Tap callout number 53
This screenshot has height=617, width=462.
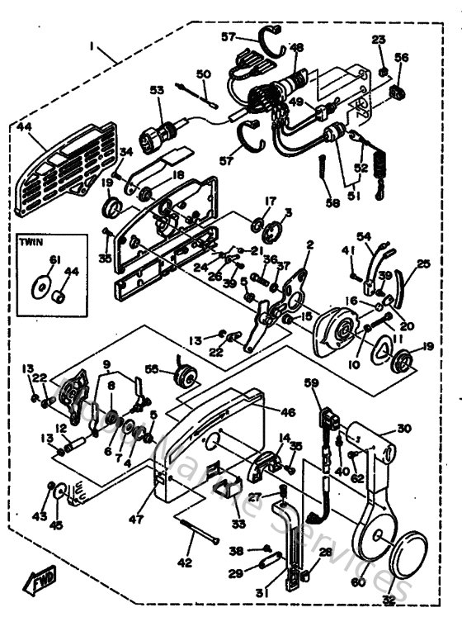[x=157, y=89]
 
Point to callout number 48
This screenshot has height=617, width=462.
[x=297, y=48]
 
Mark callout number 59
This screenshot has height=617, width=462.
[x=310, y=382]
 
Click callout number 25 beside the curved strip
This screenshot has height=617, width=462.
[x=424, y=264]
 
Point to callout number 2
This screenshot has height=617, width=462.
[x=310, y=244]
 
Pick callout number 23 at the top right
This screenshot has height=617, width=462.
[x=378, y=40]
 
